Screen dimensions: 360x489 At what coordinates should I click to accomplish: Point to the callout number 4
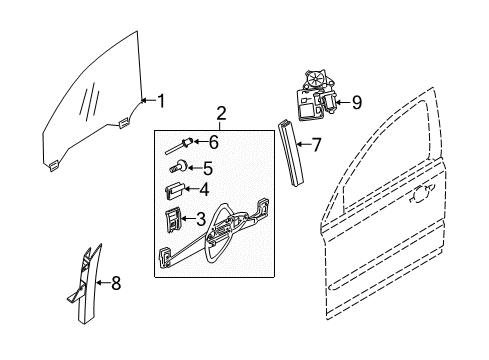(205, 190)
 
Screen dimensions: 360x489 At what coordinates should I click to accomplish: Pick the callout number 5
(207, 166)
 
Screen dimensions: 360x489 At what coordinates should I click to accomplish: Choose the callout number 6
(212, 143)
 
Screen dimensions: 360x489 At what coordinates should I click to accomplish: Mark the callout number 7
(316, 145)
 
